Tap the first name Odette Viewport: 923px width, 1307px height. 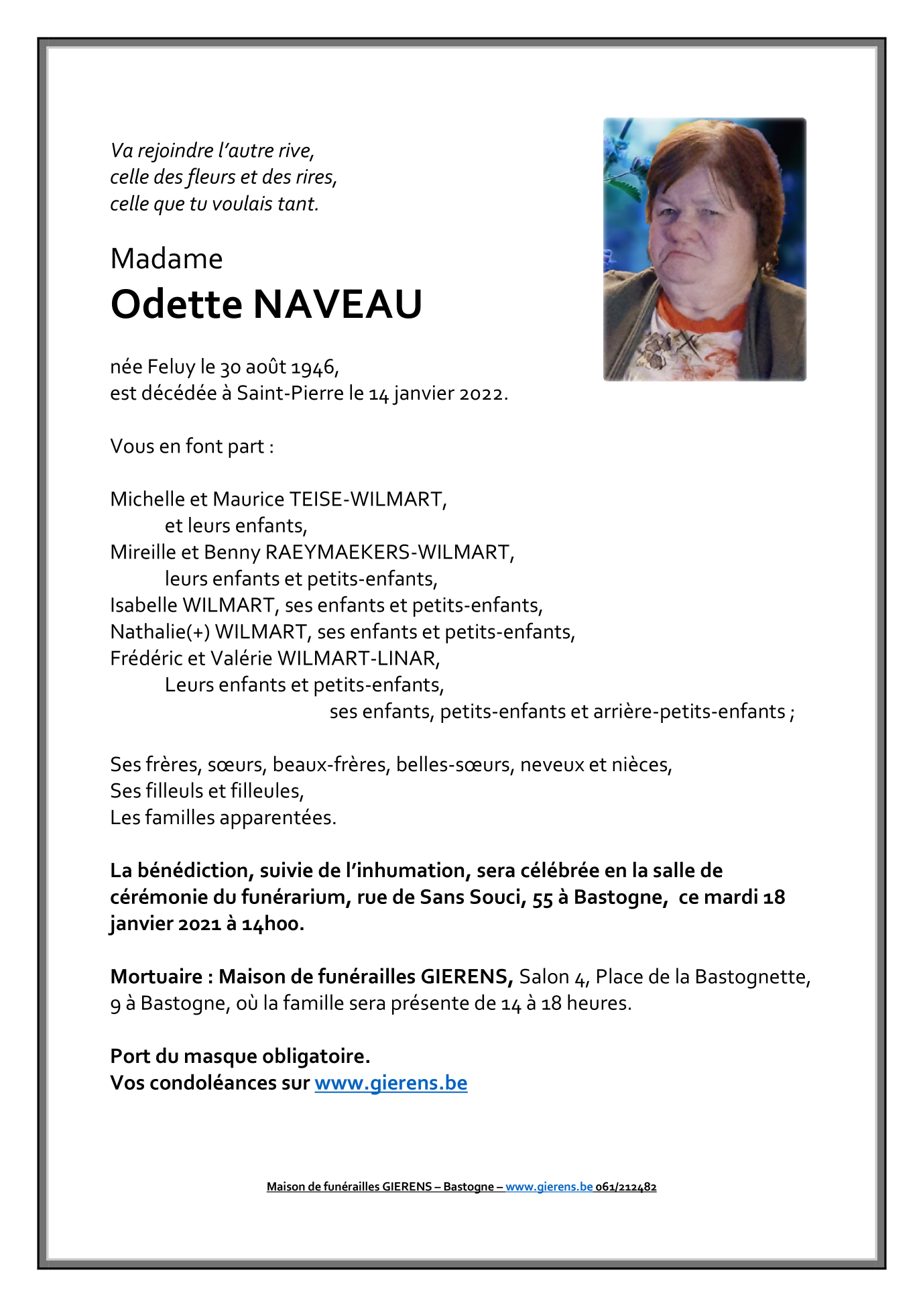pos(176,304)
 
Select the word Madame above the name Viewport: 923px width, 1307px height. pos(166,259)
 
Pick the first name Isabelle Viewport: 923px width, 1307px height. pos(143,605)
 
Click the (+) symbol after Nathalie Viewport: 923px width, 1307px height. pos(198,632)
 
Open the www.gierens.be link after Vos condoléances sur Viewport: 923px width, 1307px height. pos(391,1083)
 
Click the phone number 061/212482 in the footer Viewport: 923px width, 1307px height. pos(626,1187)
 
